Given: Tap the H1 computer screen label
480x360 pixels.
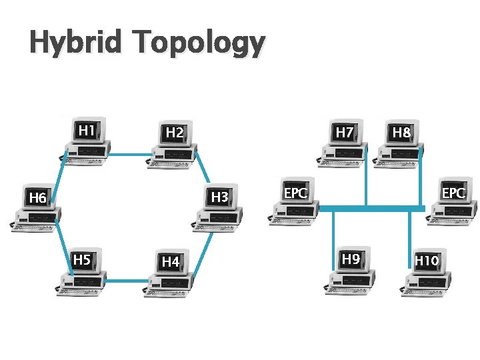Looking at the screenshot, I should point(86,130).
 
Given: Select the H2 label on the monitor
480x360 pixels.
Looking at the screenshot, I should point(175,133).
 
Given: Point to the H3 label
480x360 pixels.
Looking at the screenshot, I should point(220,197).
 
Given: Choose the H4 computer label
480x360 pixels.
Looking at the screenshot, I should point(171,262).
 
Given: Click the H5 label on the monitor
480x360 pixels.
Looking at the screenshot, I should point(82,259).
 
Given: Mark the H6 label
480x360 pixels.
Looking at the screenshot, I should point(37,198).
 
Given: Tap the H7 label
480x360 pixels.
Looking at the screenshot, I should point(345,133).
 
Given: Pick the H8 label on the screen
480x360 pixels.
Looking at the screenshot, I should point(401,133).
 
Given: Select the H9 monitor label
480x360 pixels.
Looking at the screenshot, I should point(351,259).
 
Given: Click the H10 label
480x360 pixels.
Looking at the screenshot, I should point(427,260).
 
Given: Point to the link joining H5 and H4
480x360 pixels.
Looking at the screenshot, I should point(124,281).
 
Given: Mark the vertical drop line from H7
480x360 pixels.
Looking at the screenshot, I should point(366,180).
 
